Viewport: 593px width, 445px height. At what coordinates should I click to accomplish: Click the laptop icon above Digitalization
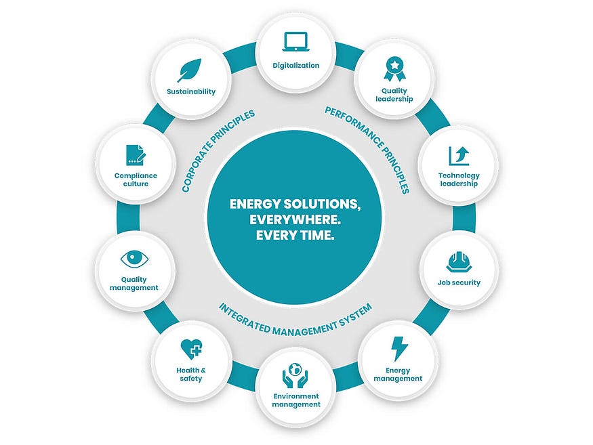point(295,42)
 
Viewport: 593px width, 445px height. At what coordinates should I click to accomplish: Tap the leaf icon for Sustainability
point(189,70)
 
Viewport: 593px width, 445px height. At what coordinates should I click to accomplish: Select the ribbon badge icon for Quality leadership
point(394,68)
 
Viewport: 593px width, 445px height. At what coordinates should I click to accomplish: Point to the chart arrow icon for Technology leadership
point(459,155)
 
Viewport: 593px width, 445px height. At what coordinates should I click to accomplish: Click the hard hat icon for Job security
point(459,261)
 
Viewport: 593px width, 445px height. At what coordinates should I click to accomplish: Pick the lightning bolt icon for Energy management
point(400,348)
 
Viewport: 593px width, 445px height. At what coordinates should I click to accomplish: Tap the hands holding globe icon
point(295,377)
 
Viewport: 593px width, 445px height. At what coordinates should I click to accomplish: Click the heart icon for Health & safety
point(192,349)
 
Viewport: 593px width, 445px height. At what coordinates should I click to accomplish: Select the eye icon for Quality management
point(134,259)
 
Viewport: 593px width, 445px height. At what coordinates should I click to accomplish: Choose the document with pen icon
point(136,154)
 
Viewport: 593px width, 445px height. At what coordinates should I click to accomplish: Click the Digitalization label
point(295,66)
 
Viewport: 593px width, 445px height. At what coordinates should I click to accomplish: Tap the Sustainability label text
point(191,91)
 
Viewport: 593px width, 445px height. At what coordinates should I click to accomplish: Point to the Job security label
point(459,282)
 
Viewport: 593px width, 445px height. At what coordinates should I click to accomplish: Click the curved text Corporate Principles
point(218,150)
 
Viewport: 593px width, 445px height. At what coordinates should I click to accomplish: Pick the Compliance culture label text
point(136,179)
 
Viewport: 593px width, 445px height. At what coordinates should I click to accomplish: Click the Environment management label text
point(295,400)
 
